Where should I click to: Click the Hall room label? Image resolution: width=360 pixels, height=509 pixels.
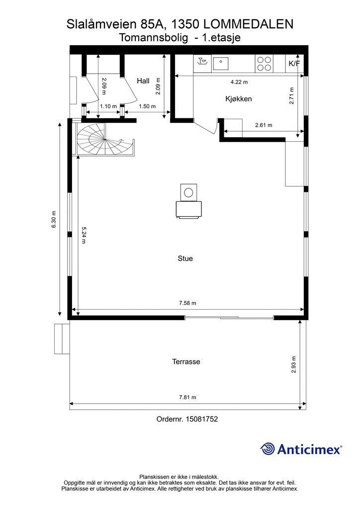point(143,81)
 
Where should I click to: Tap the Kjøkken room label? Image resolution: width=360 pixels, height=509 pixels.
point(239,99)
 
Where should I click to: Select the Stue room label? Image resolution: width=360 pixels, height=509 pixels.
point(185,258)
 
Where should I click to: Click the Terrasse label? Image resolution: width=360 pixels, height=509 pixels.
point(186,362)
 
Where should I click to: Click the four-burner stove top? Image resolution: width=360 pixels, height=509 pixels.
point(264,64)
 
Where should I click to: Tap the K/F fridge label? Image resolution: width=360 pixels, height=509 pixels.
point(294,64)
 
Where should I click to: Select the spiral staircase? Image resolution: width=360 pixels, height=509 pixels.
point(105,139)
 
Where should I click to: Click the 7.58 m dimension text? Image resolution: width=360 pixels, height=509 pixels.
point(187,303)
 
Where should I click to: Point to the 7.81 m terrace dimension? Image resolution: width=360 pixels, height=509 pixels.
point(187,397)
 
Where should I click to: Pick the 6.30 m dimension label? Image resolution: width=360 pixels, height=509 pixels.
point(54,219)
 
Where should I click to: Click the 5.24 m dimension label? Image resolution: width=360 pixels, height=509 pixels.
point(84,235)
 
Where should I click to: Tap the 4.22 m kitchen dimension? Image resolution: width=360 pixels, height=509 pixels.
point(239,82)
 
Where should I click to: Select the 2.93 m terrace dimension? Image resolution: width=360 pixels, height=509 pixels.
point(294,364)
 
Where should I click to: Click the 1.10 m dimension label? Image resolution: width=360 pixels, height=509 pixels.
point(108,106)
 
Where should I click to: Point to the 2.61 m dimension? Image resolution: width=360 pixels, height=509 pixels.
point(264,125)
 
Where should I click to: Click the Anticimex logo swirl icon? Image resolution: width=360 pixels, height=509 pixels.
point(268,449)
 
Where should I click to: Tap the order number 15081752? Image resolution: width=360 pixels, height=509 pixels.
point(201,419)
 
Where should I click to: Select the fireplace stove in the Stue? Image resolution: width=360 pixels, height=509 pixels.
point(188,201)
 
